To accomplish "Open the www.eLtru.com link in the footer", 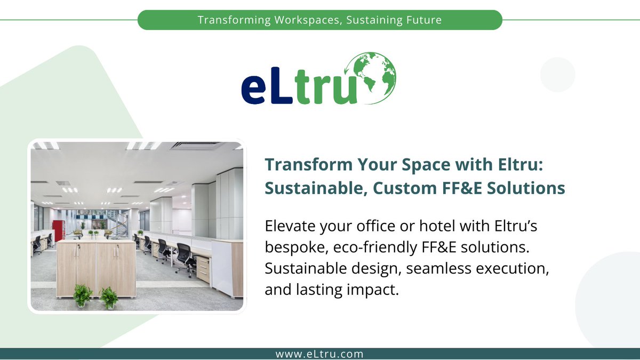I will point(319,354).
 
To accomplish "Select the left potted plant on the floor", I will point(82,295).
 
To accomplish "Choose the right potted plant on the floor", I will point(109,297).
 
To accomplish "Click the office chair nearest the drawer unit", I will point(185,258).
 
